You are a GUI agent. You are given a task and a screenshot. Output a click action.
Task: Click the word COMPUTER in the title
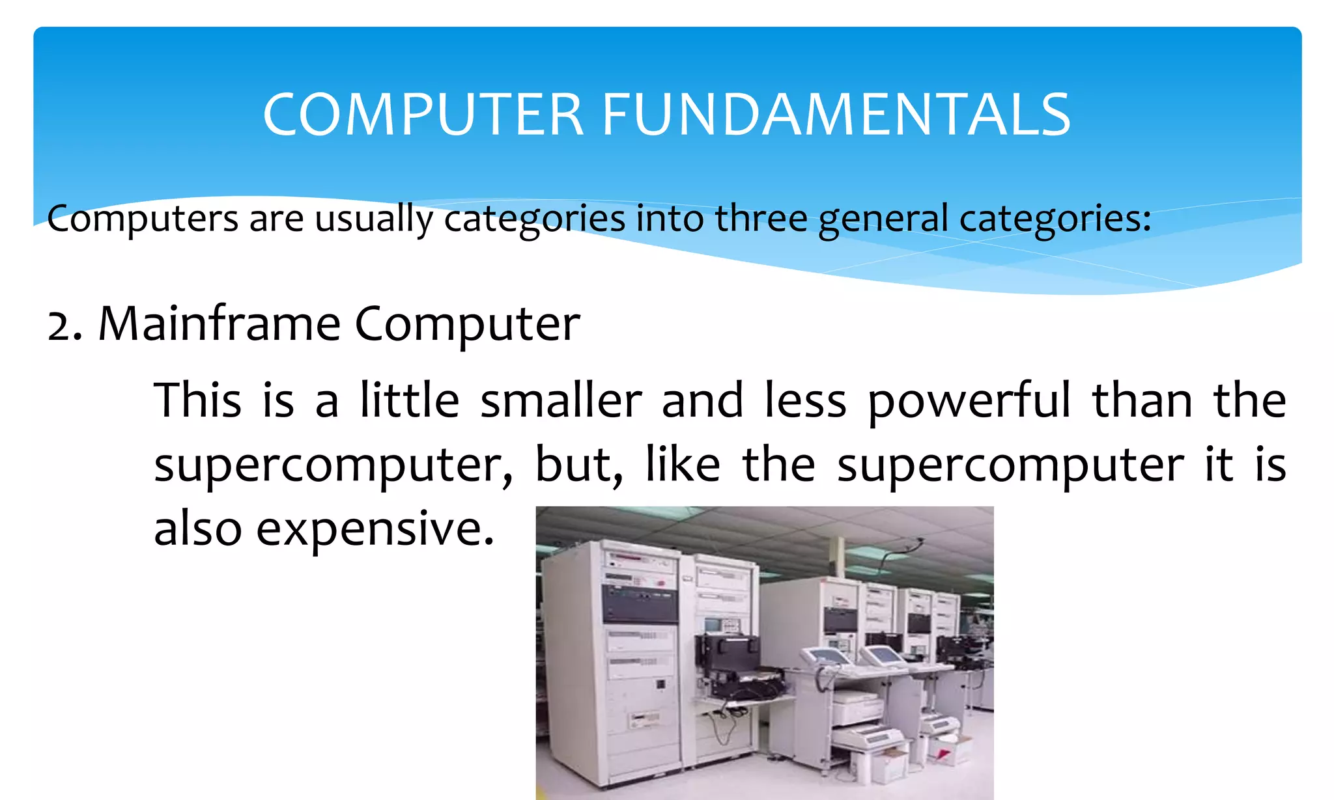423,115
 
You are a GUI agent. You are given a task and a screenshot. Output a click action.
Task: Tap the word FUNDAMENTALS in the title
836,115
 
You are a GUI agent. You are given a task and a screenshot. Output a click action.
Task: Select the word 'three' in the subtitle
761,218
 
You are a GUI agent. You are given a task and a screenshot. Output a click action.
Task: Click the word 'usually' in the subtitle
374,219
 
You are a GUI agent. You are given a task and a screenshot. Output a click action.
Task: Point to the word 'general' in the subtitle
883,219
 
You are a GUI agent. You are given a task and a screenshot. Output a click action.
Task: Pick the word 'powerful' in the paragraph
969,402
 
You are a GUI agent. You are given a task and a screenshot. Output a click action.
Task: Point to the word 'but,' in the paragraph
578,465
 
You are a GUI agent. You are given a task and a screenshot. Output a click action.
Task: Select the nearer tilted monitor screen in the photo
828,655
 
